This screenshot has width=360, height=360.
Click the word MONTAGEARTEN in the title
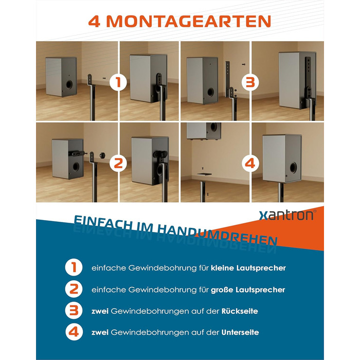coord(189,22)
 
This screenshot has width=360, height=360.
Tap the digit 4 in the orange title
coord(94,22)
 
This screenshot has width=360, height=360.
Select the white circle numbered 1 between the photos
coord(118,82)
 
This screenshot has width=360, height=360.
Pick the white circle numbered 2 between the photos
coord(118,163)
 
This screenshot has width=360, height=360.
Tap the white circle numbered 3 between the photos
coord(250,82)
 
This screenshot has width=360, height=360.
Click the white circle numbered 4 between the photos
coord(250,163)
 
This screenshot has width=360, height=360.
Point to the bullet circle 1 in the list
coord(74,267)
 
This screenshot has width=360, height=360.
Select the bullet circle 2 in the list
coord(74,289)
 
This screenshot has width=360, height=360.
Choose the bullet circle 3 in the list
coord(74,311)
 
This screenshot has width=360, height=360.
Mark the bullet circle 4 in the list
coord(74,332)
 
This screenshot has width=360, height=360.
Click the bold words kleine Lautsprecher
coord(248,268)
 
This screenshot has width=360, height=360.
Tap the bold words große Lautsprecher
coord(248,290)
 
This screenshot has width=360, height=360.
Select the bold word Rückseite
coord(240,311)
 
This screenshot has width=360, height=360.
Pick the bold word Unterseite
coord(240,332)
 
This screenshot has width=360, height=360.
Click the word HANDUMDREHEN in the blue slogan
coord(218,234)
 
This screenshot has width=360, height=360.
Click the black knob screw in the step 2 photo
coord(102,155)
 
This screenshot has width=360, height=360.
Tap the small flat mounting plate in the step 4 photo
coord(204,174)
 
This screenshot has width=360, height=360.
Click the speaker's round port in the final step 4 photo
coord(293,167)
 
